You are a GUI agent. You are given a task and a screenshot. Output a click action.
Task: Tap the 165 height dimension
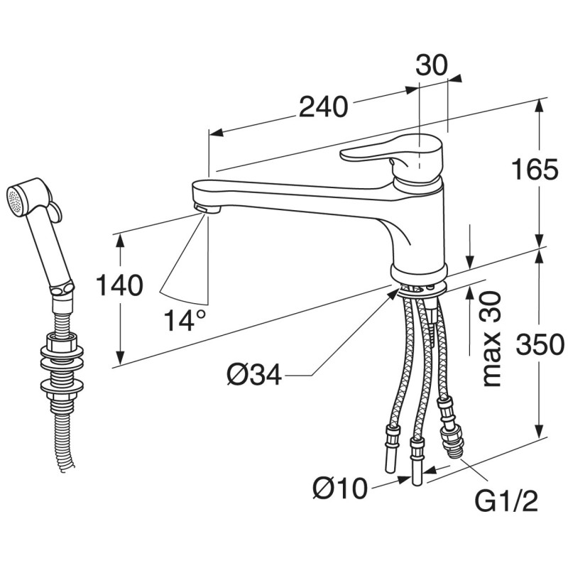coord(535,169)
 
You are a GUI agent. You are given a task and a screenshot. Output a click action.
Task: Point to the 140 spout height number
coord(119,285)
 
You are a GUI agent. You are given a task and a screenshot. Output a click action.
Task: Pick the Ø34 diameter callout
coord(254,375)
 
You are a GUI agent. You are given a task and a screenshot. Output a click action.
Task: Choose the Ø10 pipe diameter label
coord(340,488)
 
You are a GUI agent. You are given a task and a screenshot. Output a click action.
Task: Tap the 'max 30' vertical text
coord(491,339)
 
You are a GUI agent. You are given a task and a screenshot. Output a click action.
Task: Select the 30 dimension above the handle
coord(432,65)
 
